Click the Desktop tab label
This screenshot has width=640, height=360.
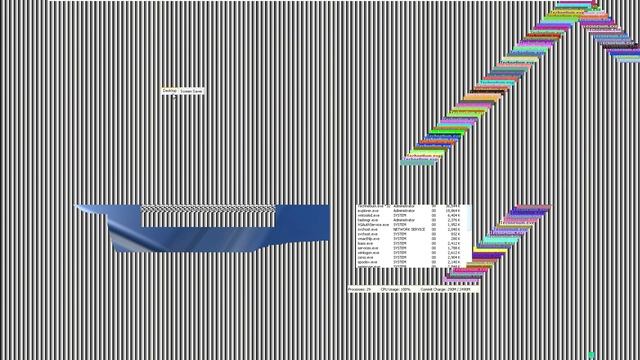coord(168,90)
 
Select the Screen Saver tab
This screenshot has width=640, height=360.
coord(191,91)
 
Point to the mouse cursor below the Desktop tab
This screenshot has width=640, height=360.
coord(172,97)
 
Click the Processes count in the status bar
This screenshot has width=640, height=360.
coord(360,289)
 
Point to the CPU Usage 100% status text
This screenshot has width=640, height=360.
coord(395,289)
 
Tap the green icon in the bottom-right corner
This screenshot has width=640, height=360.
coord(592,355)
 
